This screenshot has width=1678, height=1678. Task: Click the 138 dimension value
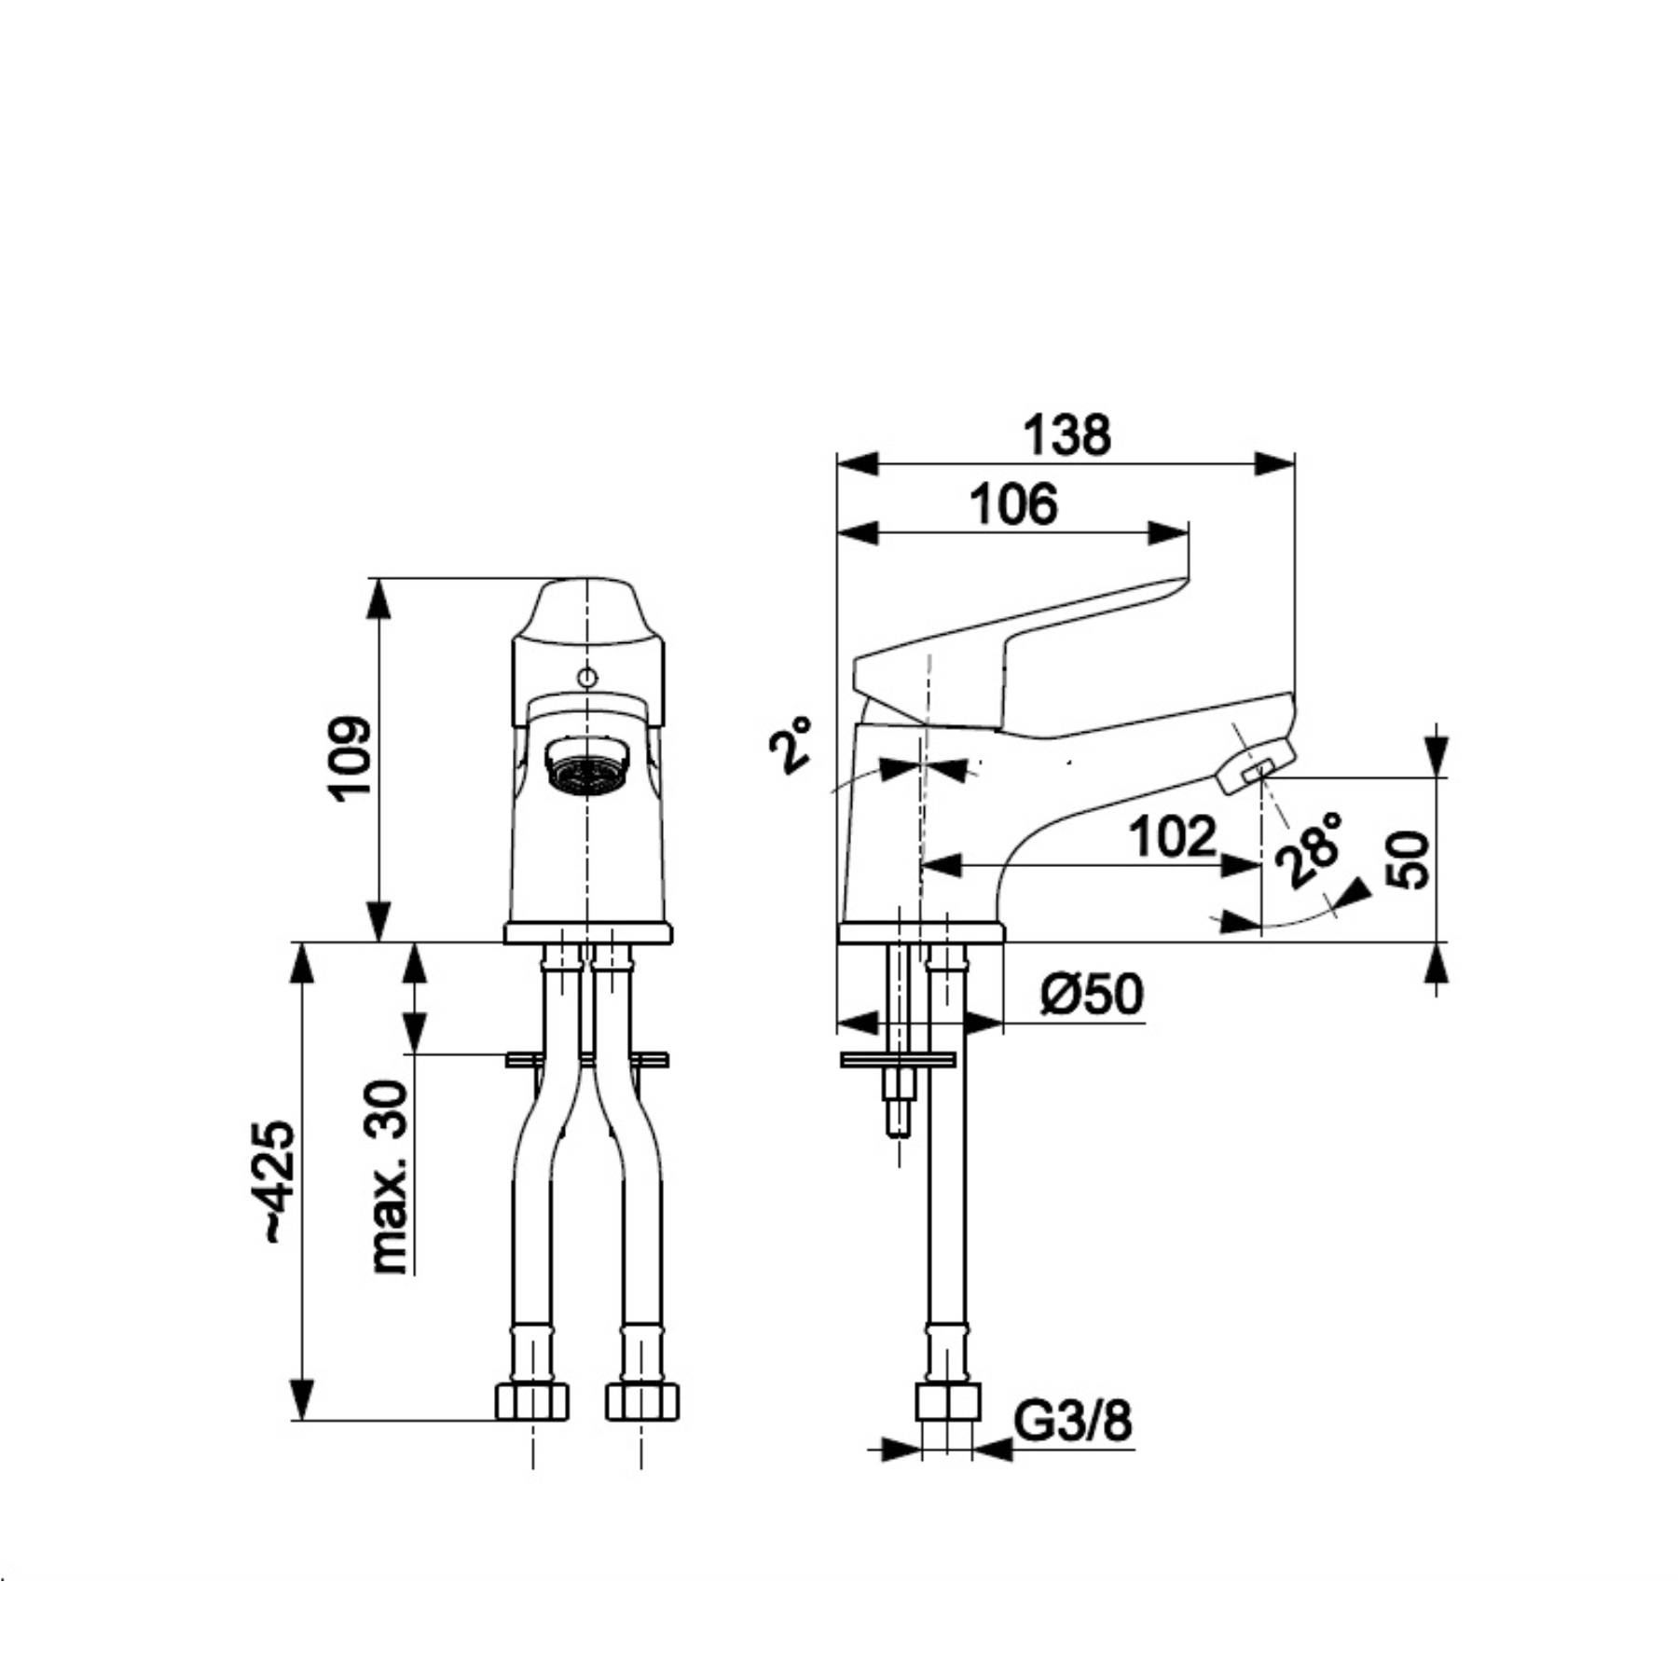(x=1067, y=435)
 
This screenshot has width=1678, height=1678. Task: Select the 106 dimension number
(x=1014, y=504)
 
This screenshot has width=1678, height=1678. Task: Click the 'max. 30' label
(x=389, y=1177)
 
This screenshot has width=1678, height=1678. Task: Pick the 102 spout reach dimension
(x=1173, y=836)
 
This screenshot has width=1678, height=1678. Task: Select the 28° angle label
(x=1313, y=849)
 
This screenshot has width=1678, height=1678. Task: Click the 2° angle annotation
(x=790, y=745)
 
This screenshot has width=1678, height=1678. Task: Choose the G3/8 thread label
(x=1073, y=1422)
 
